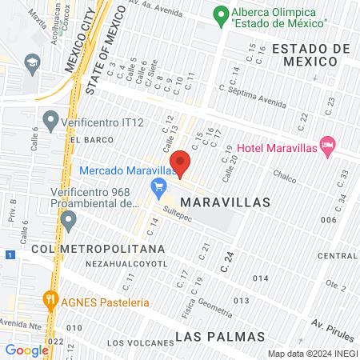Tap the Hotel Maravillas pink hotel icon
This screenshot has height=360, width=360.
(x=326, y=145)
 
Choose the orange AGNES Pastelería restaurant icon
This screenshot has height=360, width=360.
(x=51, y=302)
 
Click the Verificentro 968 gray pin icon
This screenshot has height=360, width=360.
(x=68, y=218)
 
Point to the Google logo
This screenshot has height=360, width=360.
(x=26, y=350)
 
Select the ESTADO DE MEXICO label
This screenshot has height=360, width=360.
(x=310, y=56)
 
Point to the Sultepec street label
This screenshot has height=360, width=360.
(x=178, y=213)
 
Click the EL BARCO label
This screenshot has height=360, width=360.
(x=88, y=139)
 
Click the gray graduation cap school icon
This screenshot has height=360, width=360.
(x=33, y=62)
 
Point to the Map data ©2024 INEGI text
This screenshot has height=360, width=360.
(x=312, y=353)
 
